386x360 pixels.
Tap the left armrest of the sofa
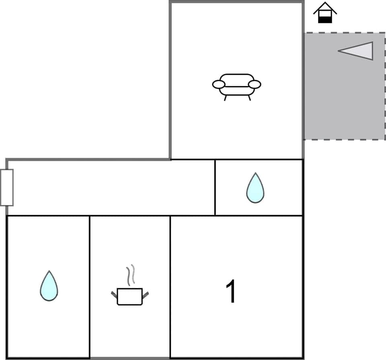point(219,84)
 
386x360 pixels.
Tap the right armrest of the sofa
point(255,84)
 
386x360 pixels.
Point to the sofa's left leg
point(225,98)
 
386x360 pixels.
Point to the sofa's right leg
point(249,98)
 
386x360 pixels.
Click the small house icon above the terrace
point(325,13)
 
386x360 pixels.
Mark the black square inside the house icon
point(325,18)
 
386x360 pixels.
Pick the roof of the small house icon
point(325,7)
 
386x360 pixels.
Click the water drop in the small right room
point(255,189)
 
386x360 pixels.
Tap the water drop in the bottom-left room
point(49,287)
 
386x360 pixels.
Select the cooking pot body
point(129,297)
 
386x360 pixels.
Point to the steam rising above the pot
point(130,275)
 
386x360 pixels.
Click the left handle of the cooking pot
point(114,294)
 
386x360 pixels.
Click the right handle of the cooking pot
point(146,295)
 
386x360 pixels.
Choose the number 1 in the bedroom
point(231,291)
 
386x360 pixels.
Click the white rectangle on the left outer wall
point(7,187)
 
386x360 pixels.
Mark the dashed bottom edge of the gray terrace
point(344,139)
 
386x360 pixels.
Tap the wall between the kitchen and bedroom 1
point(170,287)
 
